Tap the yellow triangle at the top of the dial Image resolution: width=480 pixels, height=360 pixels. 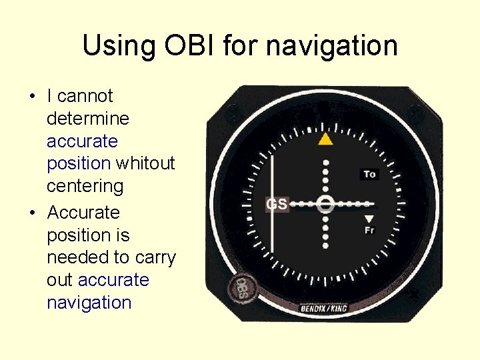(325, 139)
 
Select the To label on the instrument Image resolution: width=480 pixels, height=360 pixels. (369, 174)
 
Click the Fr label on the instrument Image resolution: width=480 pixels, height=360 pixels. (369, 230)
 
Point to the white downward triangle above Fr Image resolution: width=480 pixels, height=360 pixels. (369, 219)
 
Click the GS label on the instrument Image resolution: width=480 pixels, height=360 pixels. (277, 204)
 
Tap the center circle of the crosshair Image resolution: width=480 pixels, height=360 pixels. (325, 204)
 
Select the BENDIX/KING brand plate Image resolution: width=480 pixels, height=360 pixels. (324, 308)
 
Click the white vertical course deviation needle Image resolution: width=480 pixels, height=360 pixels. (272, 200)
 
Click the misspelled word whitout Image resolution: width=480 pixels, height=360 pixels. (145, 163)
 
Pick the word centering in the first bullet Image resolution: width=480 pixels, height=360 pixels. (85, 186)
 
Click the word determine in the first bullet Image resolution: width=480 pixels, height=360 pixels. (88, 119)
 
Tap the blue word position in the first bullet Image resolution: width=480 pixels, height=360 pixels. (79, 163)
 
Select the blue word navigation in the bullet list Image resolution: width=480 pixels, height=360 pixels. (89, 303)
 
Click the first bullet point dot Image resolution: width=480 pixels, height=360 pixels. (31, 97)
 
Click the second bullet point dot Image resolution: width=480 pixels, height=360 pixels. (31, 213)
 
